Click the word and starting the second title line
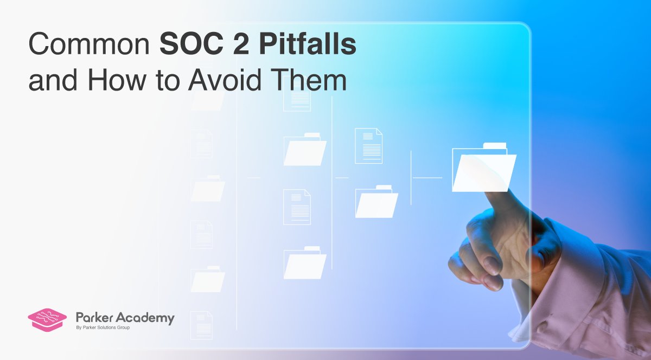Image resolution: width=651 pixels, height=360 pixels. (50, 82)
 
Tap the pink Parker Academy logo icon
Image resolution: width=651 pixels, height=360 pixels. (47, 319)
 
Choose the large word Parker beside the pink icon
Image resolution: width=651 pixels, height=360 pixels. (95, 318)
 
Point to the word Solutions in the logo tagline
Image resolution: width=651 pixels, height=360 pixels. (112, 328)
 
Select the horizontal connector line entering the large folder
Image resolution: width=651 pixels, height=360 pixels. (427, 177)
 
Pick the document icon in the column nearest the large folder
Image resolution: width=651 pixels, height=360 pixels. (368, 145)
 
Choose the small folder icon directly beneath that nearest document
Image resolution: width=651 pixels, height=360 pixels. (376, 202)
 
